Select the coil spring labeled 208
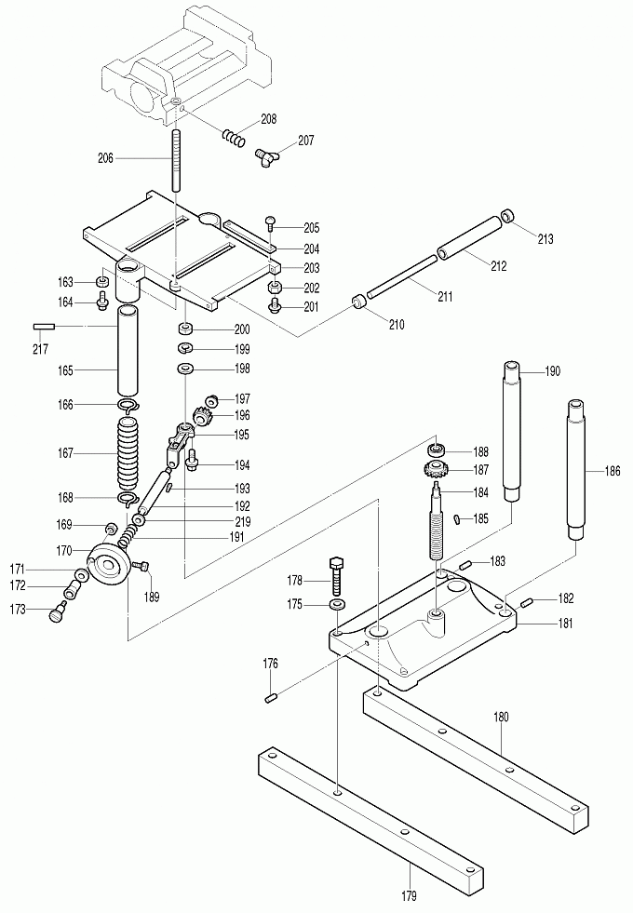(234, 137)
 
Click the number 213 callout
(545, 239)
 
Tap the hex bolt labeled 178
(337, 574)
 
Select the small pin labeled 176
(272, 698)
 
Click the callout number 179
(411, 895)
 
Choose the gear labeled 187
(436, 469)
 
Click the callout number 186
(612, 472)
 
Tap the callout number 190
(553, 371)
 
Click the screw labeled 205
(271, 222)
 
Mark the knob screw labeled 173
(59, 611)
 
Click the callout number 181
(540, 624)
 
